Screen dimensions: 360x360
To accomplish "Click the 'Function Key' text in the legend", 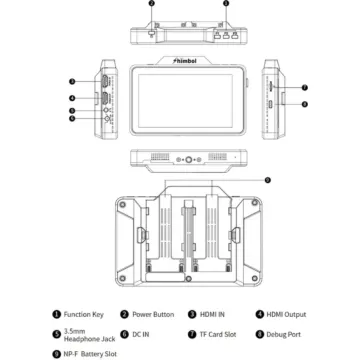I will coord(82,314).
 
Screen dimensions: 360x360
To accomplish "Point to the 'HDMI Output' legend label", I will coord(288,314).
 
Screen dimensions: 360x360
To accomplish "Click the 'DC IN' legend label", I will coord(142,335).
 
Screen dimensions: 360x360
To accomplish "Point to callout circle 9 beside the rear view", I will coord(265,179).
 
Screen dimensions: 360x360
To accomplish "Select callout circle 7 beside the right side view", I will coord(304,86).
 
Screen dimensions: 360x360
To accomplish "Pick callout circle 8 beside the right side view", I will coord(304,103).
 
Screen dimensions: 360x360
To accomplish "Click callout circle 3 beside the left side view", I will coord(71,82).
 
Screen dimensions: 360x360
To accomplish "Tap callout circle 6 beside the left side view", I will coord(71,119).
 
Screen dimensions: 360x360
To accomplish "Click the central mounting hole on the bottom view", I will coord(180,158).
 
